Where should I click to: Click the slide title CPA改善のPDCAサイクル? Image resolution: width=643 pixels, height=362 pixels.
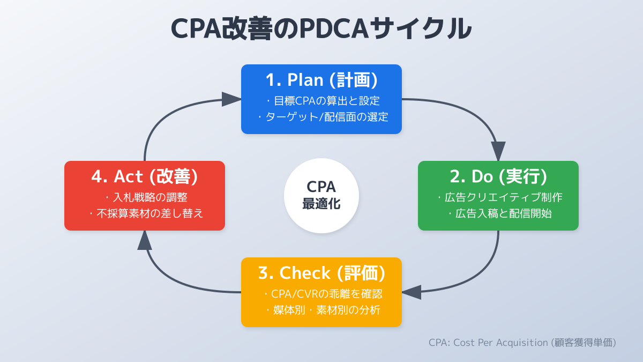pos(322,29)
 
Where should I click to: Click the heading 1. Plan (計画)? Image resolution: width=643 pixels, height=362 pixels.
pos(322,80)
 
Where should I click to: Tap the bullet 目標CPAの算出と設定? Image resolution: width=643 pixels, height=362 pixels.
pos(323,100)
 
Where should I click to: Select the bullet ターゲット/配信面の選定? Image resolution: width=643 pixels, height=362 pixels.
pos(323,116)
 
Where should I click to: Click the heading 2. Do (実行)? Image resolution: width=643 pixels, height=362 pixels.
pos(498,176)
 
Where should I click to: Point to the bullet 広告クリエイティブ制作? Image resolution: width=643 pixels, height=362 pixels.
pos(500,197)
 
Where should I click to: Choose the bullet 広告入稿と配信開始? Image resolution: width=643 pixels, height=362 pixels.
pos(500,213)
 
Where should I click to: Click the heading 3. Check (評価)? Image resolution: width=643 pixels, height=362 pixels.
pos(322,273)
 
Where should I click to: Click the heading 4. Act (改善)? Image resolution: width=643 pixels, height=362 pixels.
pos(145,176)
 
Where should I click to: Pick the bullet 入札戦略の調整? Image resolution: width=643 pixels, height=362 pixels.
pos(146,197)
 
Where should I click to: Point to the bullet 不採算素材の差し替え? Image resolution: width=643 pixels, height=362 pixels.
pos(146,213)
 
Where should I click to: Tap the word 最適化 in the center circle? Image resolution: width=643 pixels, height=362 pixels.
pos(322,204)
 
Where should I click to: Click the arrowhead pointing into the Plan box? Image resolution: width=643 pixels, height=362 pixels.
pos(231,99)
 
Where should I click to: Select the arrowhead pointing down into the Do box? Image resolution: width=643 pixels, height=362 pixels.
pos(498,151)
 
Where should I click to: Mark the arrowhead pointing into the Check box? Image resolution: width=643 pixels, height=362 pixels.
pos(412,292)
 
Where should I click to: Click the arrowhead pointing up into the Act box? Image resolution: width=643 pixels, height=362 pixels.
pos(145,240)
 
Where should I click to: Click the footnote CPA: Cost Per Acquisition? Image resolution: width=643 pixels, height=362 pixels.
pos(522,342)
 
